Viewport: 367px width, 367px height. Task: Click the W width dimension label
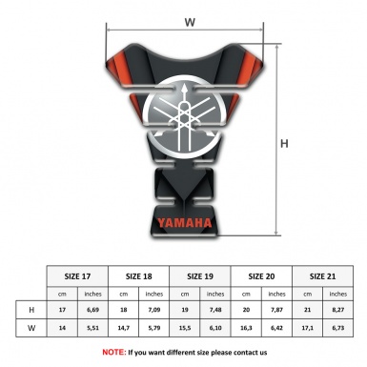pos(190,20)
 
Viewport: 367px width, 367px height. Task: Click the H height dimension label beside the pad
pos(284,144)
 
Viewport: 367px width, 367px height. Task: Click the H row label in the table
pos(31,311)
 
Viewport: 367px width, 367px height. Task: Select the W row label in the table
pos(31,329)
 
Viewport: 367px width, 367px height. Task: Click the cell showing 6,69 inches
pos(93,311)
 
